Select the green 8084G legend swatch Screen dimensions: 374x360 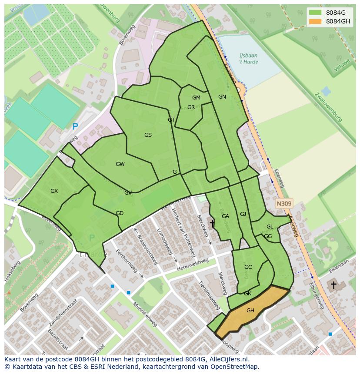pos(316,13)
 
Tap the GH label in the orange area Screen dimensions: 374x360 pos(250,311)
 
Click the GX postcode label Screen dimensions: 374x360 pos(54,191)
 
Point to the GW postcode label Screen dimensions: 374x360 pos(120,164)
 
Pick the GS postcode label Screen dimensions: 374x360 pos(148,135)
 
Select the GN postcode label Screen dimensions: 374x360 pos(222,97)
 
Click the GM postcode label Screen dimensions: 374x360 pos(196,98)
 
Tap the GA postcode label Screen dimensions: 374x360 pos(225,216)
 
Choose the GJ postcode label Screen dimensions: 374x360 pos(243,214)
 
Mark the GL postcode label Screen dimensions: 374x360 pos(270,227)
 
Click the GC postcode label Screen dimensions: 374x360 pos(248,267)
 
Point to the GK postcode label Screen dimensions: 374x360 pos(247,294)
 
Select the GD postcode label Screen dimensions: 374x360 pos(120,213)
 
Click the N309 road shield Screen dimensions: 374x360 pos(284,203)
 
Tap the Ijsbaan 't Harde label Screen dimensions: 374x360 pos(248,59)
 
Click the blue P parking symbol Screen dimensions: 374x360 pos(75,127)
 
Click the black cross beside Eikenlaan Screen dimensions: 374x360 pos(333,285)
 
